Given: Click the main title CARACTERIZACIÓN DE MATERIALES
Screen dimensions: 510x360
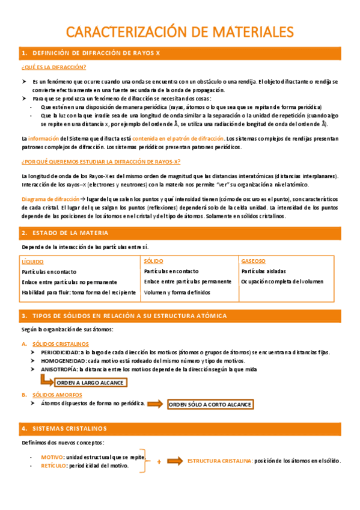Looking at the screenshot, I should tap(180, 31).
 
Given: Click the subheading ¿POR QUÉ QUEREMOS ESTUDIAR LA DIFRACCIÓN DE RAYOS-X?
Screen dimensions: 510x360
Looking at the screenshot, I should tap(100, 162).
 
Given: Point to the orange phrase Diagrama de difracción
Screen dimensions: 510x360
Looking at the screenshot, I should tap(50, 198).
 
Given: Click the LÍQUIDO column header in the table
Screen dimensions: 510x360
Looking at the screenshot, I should tap(32, 262).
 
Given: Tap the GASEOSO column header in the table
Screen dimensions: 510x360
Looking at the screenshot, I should tap(253, 261).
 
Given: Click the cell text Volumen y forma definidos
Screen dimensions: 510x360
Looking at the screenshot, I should tap(177, 292).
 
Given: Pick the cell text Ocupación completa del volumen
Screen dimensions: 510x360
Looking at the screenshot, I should tap(282, 281).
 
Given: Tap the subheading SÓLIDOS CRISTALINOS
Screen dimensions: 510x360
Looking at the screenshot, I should tap(59, 343).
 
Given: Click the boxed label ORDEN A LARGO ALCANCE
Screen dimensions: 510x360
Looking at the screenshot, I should tap(90, 382).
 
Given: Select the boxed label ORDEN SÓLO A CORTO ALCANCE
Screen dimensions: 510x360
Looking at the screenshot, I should tap(210, 405).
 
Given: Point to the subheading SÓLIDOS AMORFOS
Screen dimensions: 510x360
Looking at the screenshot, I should tap(55, 395).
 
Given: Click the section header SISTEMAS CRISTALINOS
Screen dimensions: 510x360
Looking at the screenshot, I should tap(69, 428).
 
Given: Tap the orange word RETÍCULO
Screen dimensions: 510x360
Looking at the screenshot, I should tap(53, 465).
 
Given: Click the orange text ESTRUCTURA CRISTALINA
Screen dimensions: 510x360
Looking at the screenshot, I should tap(219, 461).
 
